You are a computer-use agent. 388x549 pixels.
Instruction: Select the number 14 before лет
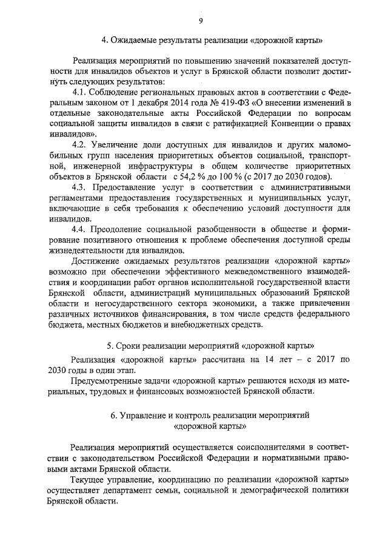pos(263,359)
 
